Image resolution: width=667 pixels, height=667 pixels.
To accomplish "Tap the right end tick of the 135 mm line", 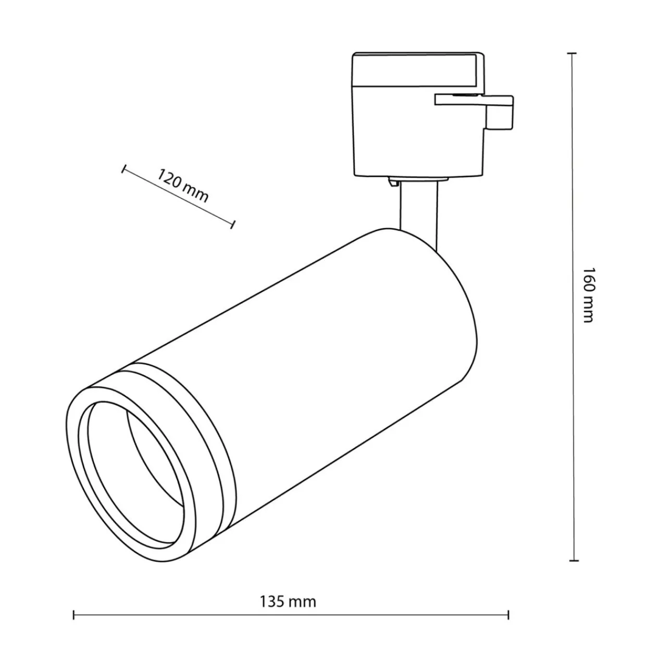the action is pyautogui.click(x=508, y=625).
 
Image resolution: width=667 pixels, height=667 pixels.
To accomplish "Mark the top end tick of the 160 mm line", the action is pyautogui.click(x=572, y=53).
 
